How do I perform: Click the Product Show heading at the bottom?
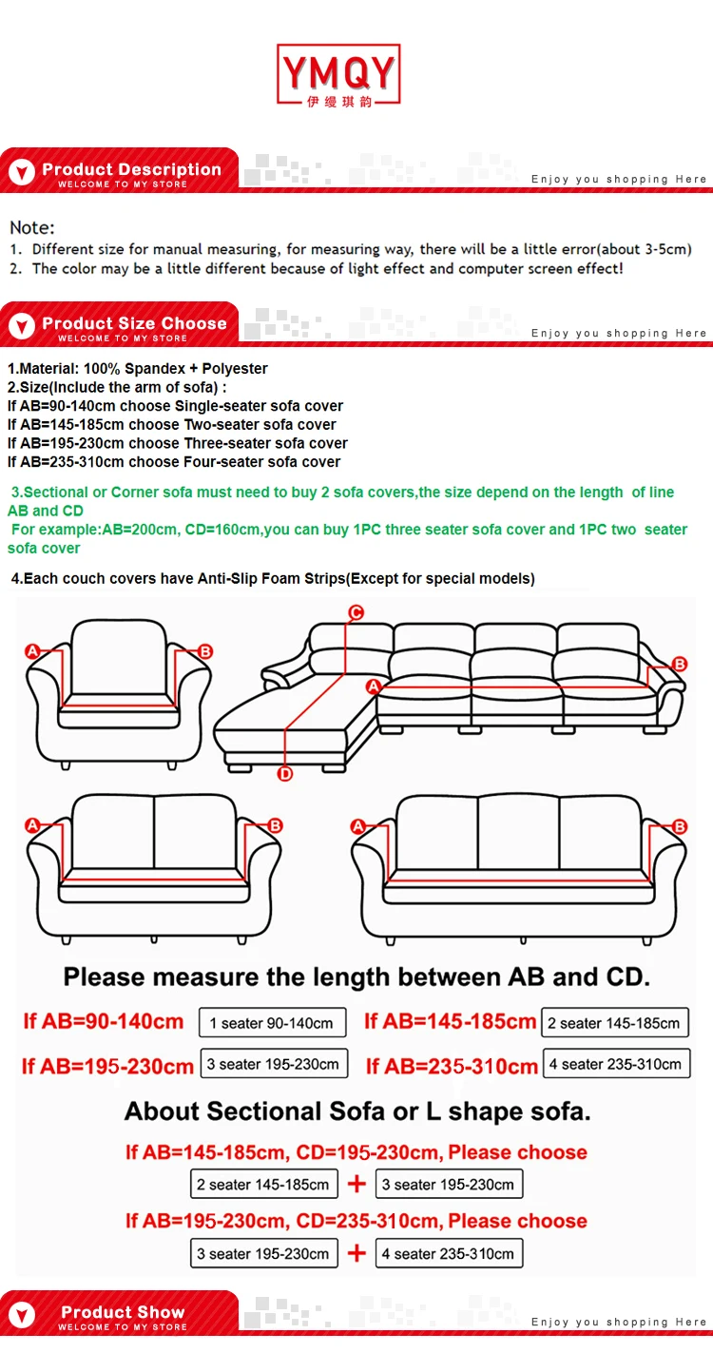coord(123,1315)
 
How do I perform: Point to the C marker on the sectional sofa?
coord(356,612)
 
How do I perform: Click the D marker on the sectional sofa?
coord(285,774)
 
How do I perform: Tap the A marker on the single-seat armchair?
coord(31,651)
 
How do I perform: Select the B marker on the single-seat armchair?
coord(205,651)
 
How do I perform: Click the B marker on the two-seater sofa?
coord(276,825)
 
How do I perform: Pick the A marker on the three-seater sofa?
coord(358,827)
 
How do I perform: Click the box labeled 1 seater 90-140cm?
coord(271,1023)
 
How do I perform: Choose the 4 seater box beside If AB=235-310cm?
coord(615,1064)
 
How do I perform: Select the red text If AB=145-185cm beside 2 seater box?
coord(450,1022)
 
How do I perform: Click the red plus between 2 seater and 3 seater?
coord(356,1184)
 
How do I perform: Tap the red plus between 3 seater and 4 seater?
coord(356,1253)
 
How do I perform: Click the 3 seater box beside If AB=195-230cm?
coord(273,1064)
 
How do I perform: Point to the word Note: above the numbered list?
coord(32,227)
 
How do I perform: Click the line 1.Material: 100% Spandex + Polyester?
coord(138,369)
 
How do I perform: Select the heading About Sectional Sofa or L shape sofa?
coord(357,1111)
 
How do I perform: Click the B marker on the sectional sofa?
coord(680,664)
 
